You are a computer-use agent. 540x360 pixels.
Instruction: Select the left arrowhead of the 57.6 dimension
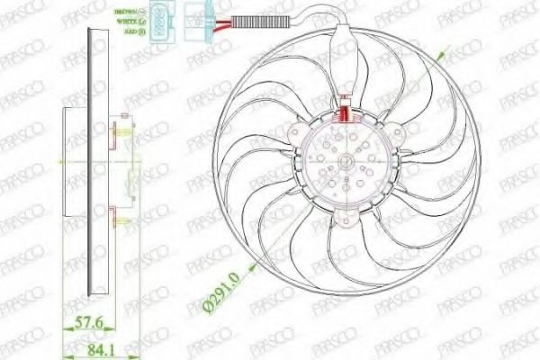65,329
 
